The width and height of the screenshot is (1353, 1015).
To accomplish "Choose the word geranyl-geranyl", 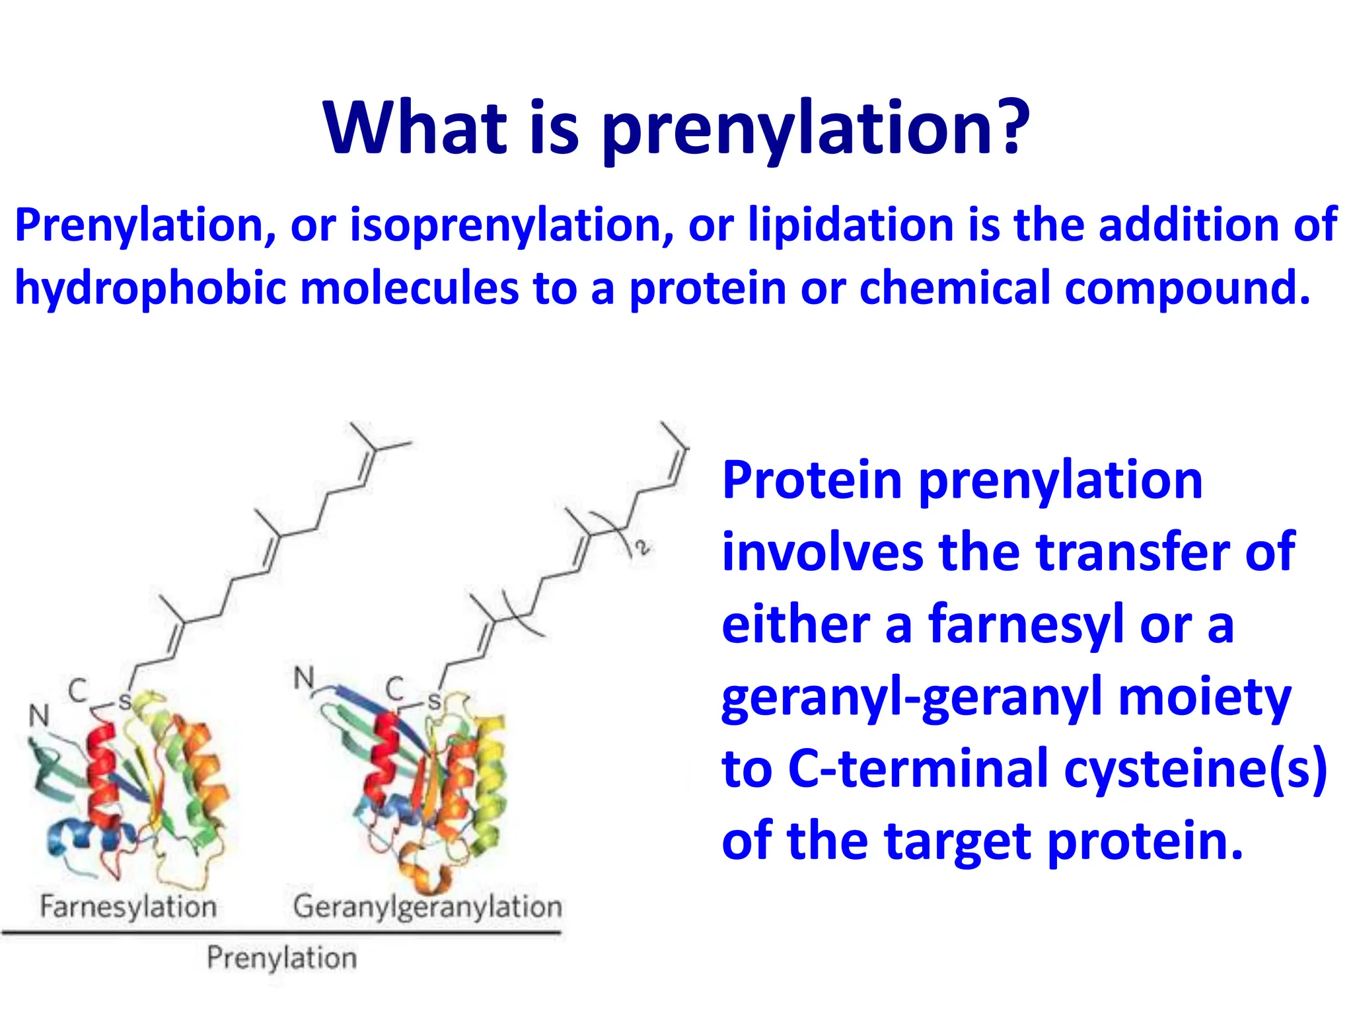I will coord(912,698).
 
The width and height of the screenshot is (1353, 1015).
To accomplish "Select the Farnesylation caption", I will coord(128,906).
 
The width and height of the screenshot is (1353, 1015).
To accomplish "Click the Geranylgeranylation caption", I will coord(427,906).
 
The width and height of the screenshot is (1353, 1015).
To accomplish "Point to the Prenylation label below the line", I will coord(281,958).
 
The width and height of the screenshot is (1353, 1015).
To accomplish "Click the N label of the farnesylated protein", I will coord(39,715).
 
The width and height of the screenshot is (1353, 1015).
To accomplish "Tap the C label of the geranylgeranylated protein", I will coord(395,689).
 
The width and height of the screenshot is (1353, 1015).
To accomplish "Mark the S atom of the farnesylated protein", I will coord(124,701).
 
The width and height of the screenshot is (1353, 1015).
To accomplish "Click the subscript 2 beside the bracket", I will coord(641,547).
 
